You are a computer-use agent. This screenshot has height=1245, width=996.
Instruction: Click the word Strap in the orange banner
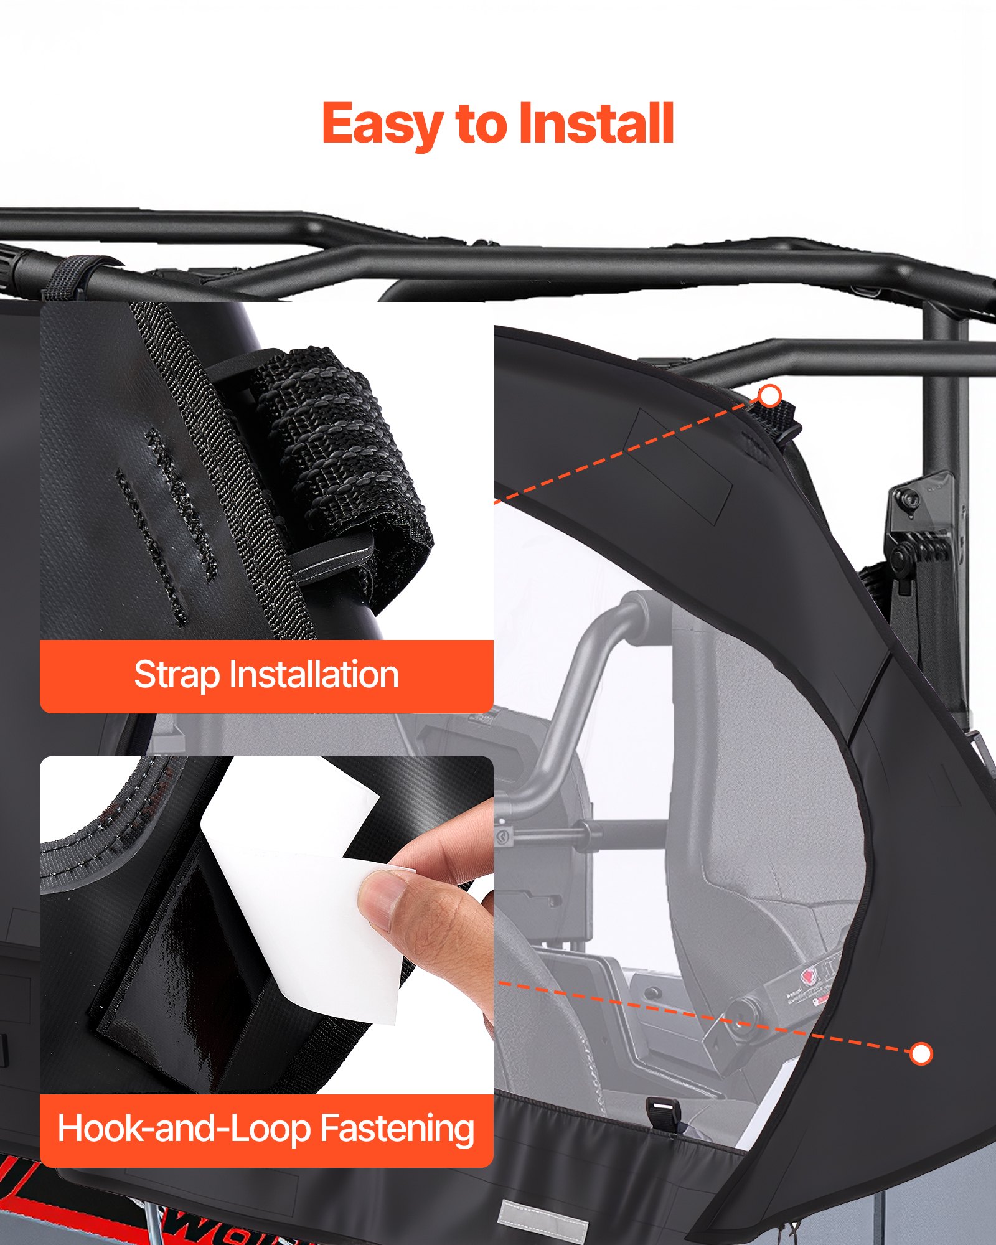pos(177,675)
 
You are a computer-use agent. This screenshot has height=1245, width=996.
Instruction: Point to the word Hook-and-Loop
pos(184,1129)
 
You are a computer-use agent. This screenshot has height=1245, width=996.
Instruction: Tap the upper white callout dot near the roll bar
pos(771,396)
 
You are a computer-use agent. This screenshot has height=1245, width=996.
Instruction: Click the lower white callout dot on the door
pos(921,1054)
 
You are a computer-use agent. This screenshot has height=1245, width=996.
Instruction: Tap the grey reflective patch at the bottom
pos(543,1221)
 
